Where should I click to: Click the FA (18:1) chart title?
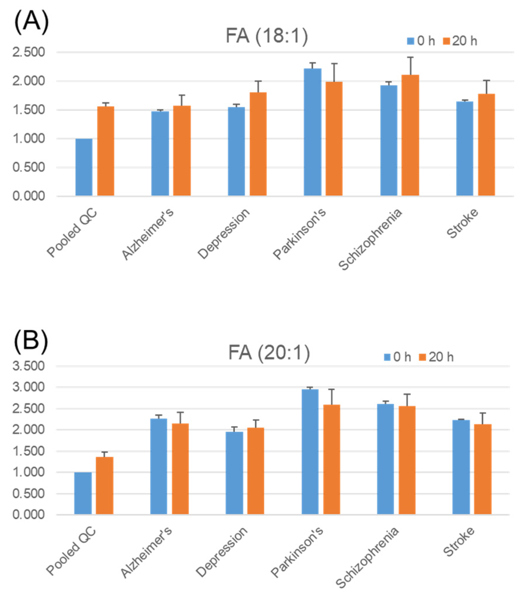pyautogui.click(x=267, y=36)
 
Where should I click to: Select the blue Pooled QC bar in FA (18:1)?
pyautogui.click(x=84, y=167)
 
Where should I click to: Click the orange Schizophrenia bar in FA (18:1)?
pyautogui.click(x=410, y=136)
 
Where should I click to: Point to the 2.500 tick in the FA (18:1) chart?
pyautogui.click(x=29, y=52)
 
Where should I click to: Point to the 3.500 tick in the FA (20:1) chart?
pyautogui.click(x=29, y=366)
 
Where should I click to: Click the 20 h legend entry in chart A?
pyautogui.click(x=460, y=41)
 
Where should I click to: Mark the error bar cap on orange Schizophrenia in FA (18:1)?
pyautogui.click(x=410, y=57)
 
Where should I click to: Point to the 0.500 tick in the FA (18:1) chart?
pyautogui.click(x=29, y=167)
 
